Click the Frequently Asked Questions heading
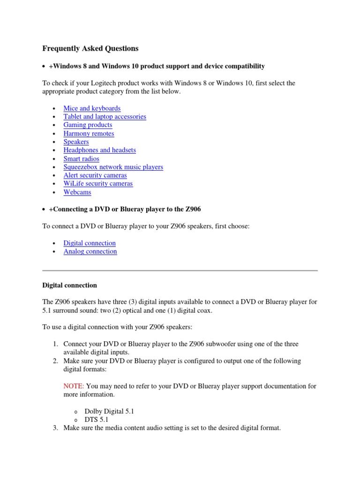[x=90, y=48]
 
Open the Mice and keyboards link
[x=92, y=108]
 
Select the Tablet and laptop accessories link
[x=105, y=117]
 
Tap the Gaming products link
[x=88, y=125]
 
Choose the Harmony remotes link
[x=89, y=134]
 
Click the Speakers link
[x=76, y=142]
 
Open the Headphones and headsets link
[x=99, y=150]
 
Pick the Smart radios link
[x=81, y=159]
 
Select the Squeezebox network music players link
[x=113, y=167]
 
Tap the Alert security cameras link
[x=95, y=176]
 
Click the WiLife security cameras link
[x=98, y=184]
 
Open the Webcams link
[x=77, y=192]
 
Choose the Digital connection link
[x=90, y=243]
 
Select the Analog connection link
[x=90, y=252]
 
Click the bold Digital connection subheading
[x=70, y=285]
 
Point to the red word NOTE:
[x=74, y=386]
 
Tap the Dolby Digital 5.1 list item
[x=109, y=411]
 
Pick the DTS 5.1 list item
[x=97, y=420]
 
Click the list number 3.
[x=55, y=428]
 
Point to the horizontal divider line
[x=180, y=270]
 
